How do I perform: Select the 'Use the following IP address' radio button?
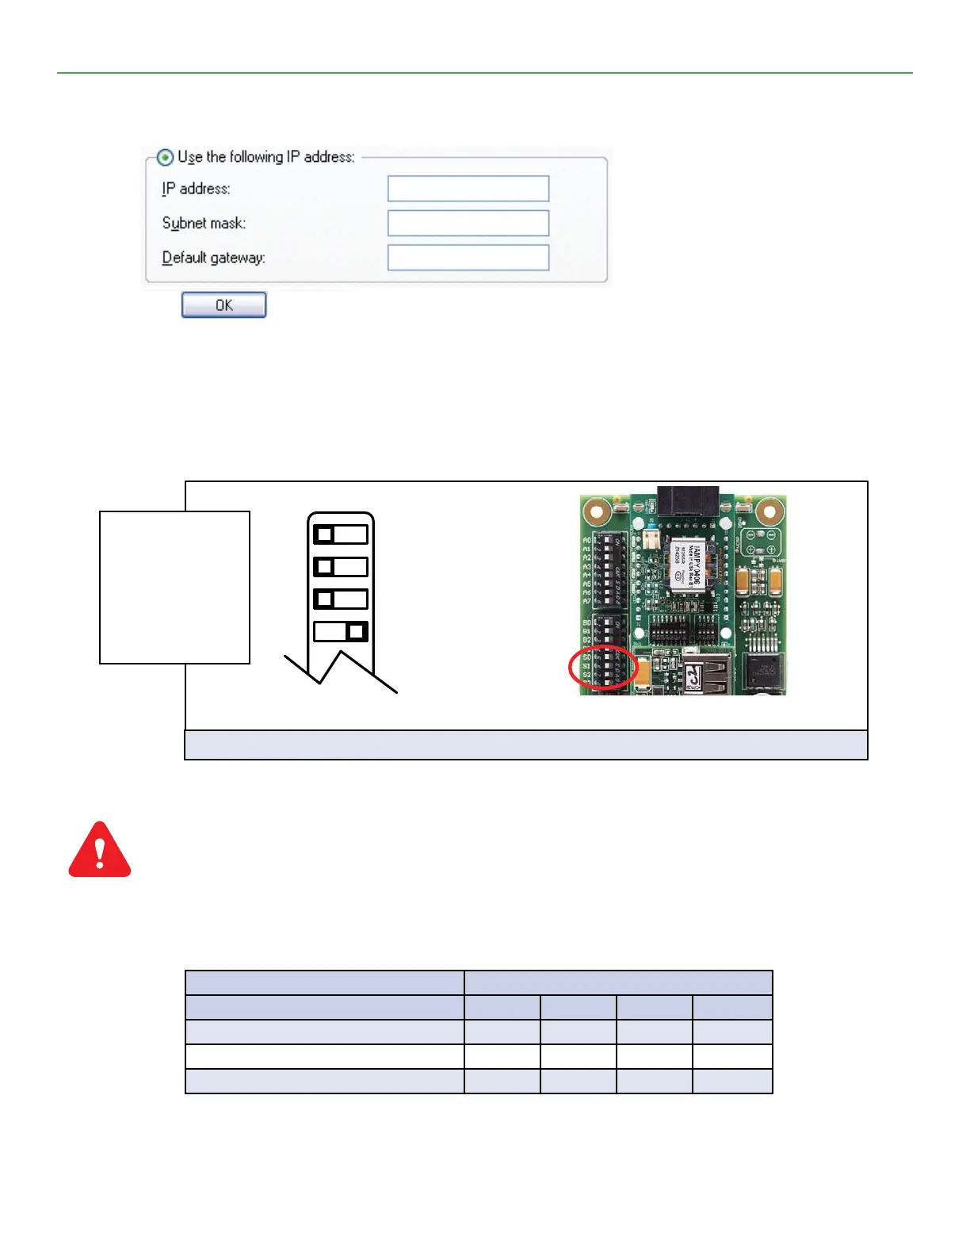tap(165, 157)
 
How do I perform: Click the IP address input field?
tap(468, 189)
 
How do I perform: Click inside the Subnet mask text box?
tap(468, 224)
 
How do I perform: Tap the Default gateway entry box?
tap(468, 258)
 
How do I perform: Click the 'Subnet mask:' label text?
tap(204, 224)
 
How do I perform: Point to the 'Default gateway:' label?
tap(213, 258)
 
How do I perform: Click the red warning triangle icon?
tap(100, 850)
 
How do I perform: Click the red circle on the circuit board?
tap(603, 668)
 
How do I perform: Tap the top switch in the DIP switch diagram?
tap(341, 534)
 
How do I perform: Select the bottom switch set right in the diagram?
tap(341, 631)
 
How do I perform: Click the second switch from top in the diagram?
tap(341, 567)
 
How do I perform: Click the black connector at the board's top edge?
tap(688, 500)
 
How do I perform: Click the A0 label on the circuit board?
tap(586, 541)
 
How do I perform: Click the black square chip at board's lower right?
tap(763, 671)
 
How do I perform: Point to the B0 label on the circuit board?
tap(586, 623)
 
